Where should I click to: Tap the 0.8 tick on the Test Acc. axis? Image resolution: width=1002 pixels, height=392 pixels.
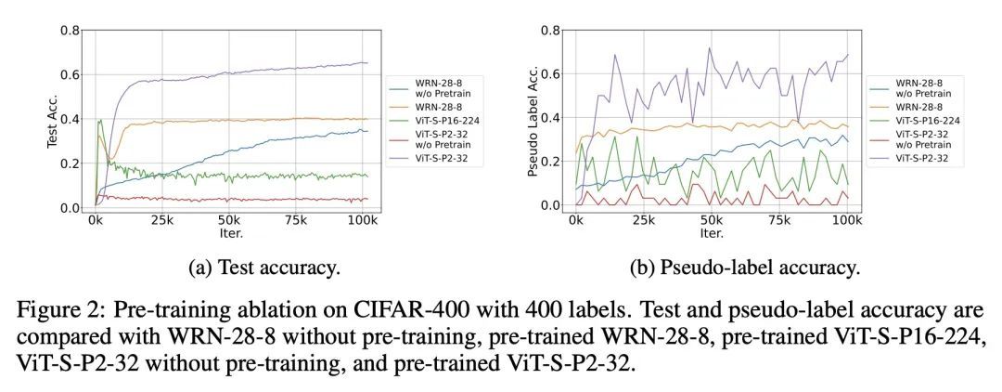pyautogui.click(x=69, y=30)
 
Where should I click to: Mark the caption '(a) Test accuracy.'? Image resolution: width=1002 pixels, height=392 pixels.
pyautogui.click(x=265, y=268)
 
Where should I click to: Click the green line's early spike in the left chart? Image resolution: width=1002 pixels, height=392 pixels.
pyautogui.click(x=100, y=120)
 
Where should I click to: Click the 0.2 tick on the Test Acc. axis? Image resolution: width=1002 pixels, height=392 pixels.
pyautogui.click(x=69, y=163)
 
